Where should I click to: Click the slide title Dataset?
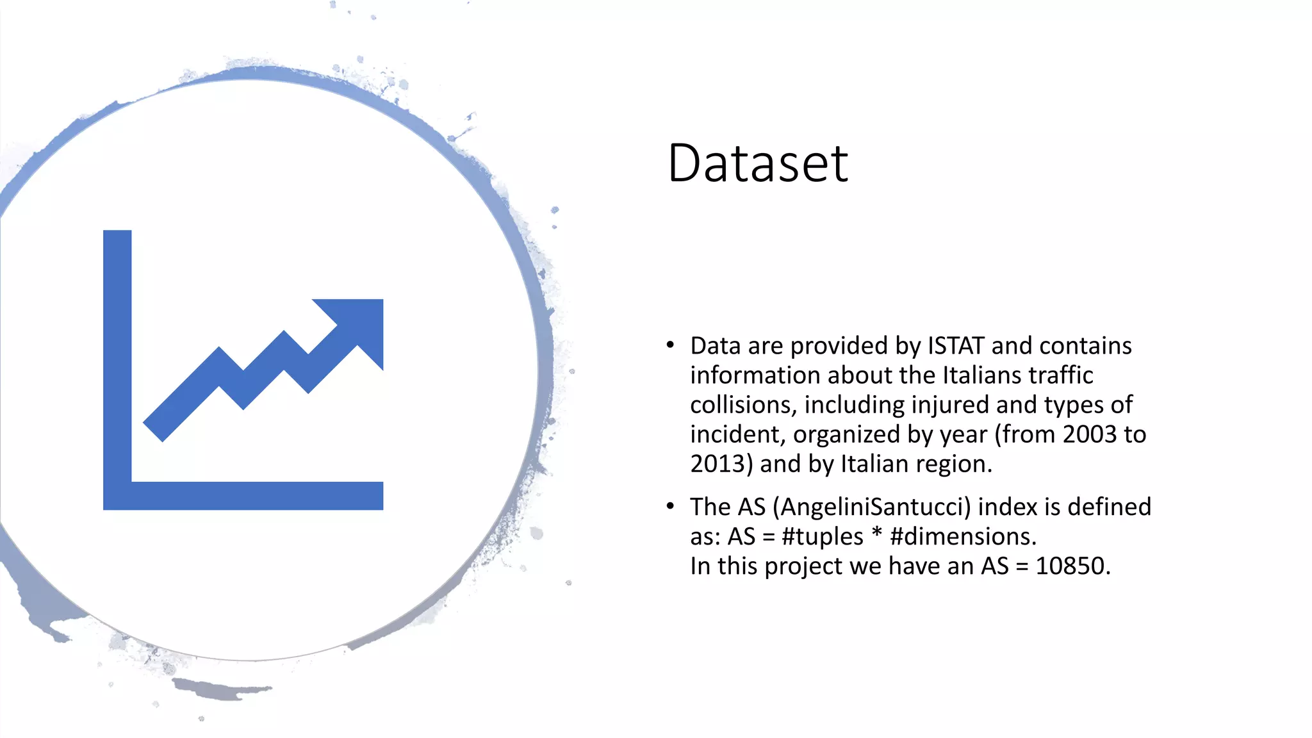[x=757, y=163]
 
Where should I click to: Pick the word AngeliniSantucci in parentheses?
[x=872, y=507]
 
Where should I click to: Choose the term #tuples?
[x=823, y=537]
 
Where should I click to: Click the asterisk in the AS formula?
[x=877, y=533]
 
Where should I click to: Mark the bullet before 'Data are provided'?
[x=670, y=345]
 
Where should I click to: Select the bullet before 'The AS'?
[x=670, y=507]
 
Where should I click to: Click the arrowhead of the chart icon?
[x=357, y=326]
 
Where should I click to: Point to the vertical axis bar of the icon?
[x=117, y=359]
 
